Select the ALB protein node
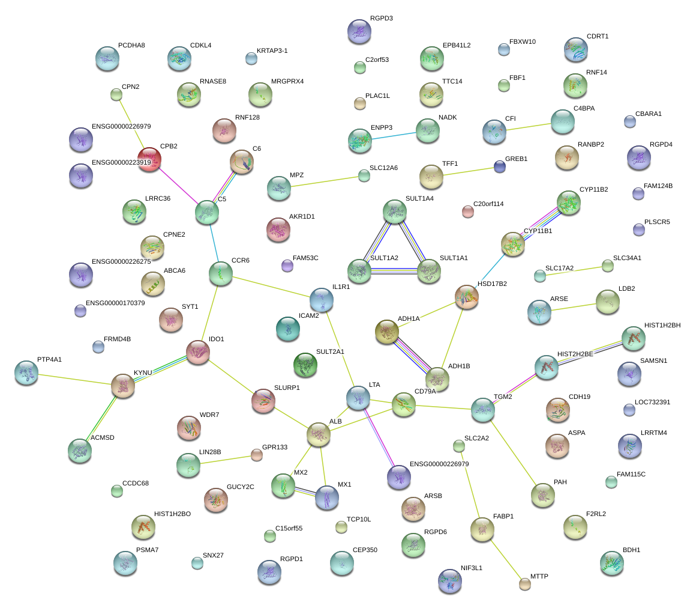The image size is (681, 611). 318,434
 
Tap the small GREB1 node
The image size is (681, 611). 500,166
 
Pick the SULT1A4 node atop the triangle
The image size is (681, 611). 394,211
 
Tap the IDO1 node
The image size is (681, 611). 197,352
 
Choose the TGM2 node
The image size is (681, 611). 482,409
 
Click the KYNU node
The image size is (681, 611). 123,386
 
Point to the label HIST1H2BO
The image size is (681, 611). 172,514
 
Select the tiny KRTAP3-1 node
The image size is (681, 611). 251,58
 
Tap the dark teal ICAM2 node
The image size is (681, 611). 288,328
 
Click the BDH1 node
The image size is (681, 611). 611,562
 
